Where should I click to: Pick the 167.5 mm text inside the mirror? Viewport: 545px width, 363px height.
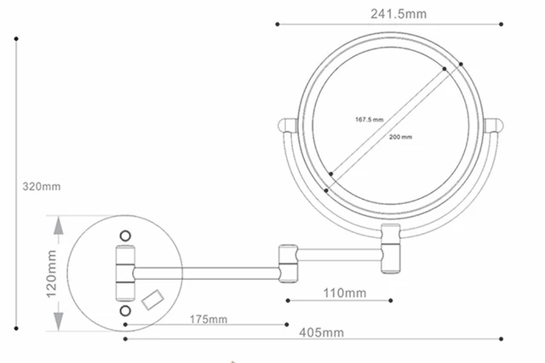pyautogui.click(x=370, y=120)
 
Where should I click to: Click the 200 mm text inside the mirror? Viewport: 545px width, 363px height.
pyautogui.click(x=399, y=136)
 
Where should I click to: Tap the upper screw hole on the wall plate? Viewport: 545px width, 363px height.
pyautogui.click(x=125, y=235)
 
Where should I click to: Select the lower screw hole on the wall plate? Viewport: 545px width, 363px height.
pyautogui.click(x=125, y=312)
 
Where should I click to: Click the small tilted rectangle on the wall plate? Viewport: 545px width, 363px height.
pyautogui.click(x=154, y=298)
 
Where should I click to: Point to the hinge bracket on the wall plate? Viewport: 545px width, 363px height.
pyautogui.click(x=124, y=273)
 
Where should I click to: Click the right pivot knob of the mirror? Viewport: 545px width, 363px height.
pyautogui.click(x=494, y=128)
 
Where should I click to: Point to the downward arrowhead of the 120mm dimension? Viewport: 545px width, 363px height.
pyautogui.click(x=58, y=322)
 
